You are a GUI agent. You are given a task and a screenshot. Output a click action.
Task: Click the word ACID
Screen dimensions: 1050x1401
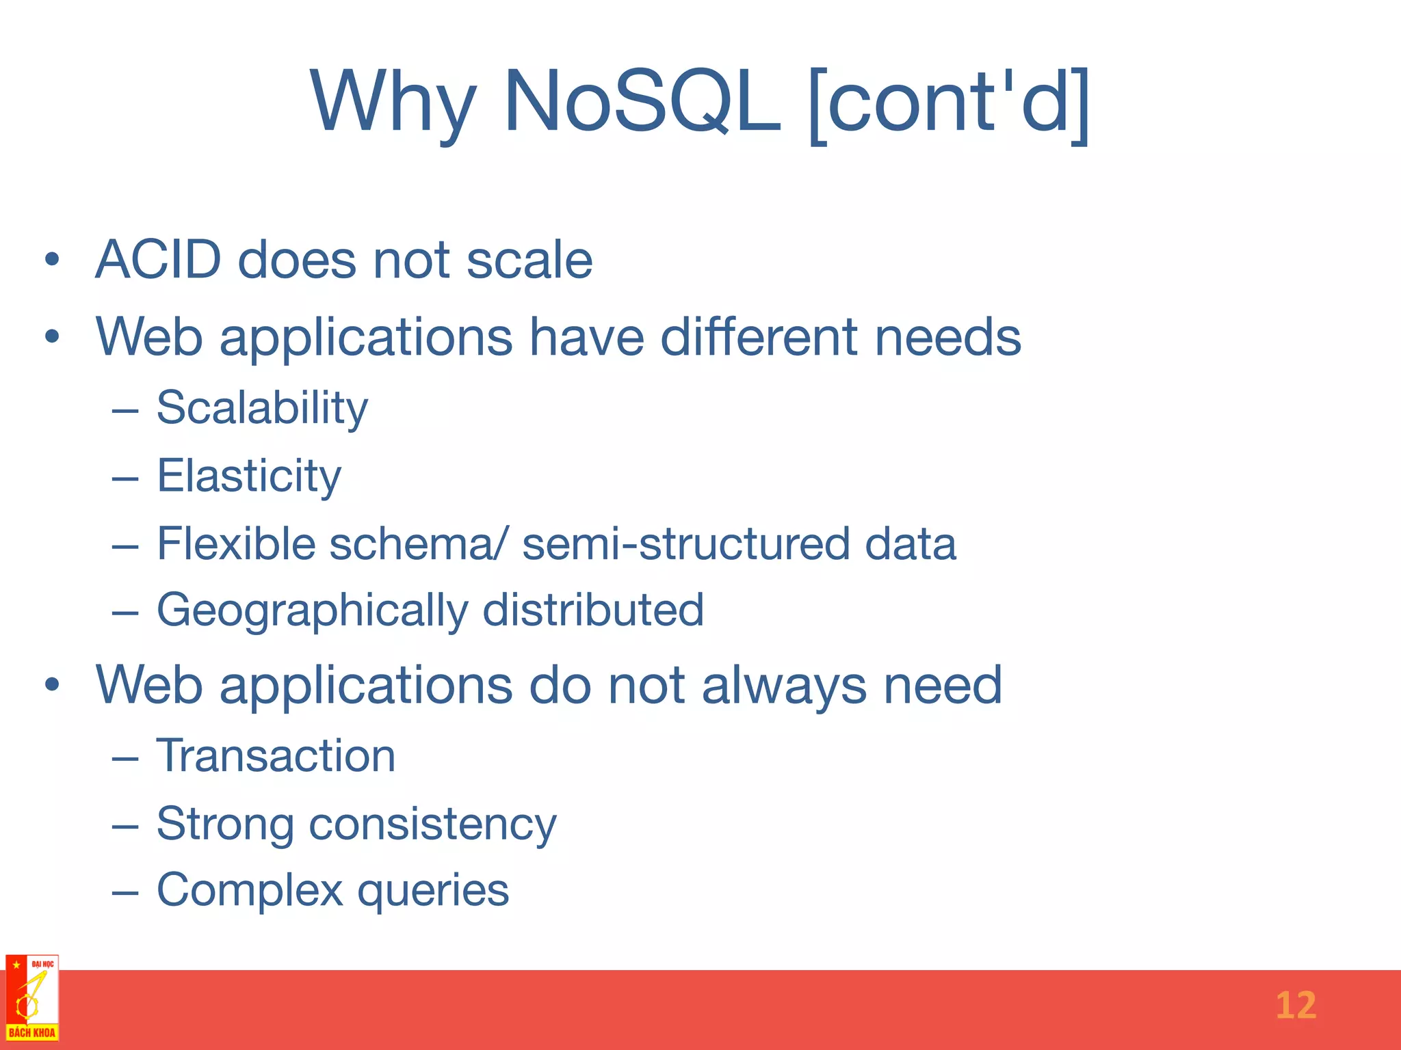(159, 260)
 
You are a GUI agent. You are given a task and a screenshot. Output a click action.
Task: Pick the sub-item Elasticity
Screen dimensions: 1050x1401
(249, 476)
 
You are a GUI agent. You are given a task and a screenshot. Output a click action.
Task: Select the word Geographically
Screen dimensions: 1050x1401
(312, 610)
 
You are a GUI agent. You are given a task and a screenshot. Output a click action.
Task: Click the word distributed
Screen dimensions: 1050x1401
(593, 610)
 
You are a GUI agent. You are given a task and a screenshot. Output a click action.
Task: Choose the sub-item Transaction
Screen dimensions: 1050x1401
(276, 756)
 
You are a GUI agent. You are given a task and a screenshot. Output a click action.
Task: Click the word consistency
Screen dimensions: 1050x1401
(432, 824)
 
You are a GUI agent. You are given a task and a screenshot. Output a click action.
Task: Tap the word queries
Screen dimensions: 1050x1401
(433, 891)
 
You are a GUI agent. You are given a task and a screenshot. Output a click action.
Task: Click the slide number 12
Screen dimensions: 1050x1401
(1296, 1006)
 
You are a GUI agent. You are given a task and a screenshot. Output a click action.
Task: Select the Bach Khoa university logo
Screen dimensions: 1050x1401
(32, 998)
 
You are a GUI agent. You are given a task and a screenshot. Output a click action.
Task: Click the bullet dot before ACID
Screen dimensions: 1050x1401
(52, 260)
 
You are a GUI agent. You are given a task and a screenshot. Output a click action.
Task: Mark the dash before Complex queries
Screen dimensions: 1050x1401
(125, 892)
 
